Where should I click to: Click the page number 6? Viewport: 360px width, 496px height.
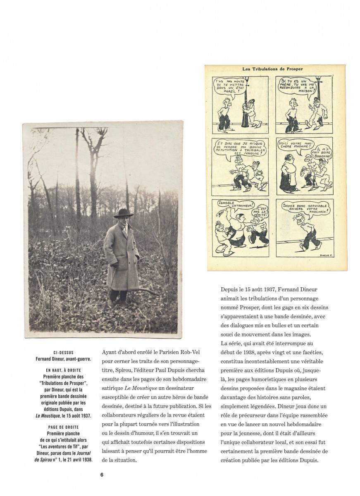[x=101, y=475]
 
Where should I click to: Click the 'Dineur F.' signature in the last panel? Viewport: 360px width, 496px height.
[x=327, y=255]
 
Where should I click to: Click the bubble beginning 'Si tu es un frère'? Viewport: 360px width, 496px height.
[x=298, y=88]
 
